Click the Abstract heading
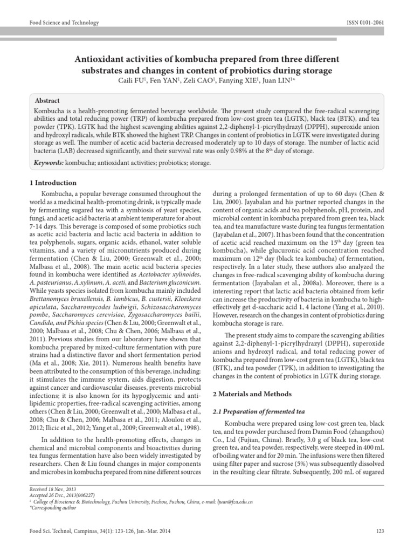47,101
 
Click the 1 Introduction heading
53,183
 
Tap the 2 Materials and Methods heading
252,394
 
